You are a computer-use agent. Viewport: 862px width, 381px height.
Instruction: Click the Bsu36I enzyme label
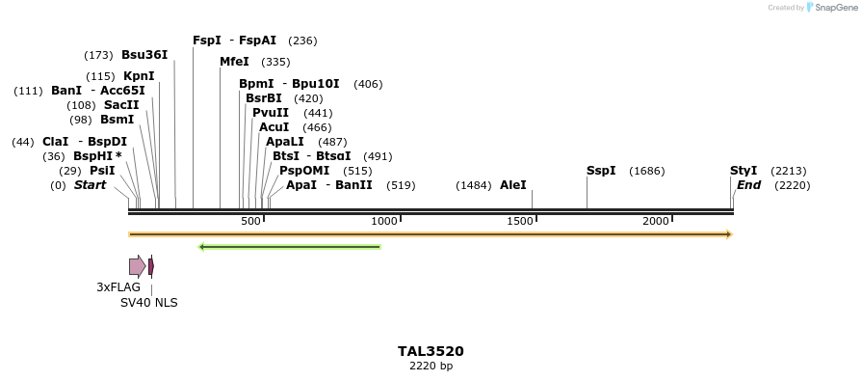[144, 55]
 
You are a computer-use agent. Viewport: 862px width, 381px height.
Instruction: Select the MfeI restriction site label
[234, 62]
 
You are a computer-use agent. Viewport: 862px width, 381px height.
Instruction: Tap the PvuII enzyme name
[271, 113]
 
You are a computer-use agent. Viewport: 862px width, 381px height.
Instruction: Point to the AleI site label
[513, 185]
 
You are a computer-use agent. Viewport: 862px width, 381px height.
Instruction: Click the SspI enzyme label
[601, 171]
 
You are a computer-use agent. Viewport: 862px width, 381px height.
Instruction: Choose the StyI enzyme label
[744, 171]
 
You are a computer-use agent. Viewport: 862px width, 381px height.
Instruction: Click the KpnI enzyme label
[139, 76]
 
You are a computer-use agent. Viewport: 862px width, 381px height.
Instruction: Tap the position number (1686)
[646, 172]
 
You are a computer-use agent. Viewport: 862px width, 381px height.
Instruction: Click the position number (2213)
[789, 172]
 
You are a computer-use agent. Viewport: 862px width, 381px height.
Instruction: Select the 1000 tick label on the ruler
[384, 222]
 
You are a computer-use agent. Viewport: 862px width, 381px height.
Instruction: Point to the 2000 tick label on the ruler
[656, 222]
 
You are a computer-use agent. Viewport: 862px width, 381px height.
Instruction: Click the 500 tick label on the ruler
[250, 222]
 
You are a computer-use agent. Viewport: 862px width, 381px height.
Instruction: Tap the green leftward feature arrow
[289, 247]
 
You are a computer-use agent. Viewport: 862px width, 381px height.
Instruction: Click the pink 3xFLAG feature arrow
[137, 266]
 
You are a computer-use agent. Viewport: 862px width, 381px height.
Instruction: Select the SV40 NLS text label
[148, 302]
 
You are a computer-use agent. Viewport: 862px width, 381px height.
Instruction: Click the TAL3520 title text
[431, 351]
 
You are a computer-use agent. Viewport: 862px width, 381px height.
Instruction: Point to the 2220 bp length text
[431, 366]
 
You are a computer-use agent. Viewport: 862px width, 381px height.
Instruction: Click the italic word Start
[90, 185]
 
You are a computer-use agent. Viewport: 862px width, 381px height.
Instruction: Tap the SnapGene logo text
[835, 8]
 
